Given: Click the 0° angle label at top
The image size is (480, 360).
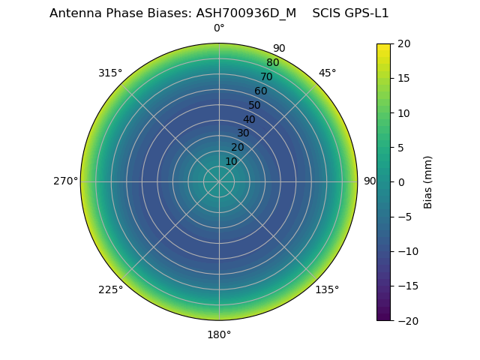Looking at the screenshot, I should [219, 28].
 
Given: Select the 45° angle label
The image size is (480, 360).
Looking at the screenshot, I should [327, 73].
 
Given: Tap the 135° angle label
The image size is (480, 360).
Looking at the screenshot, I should [327, 289].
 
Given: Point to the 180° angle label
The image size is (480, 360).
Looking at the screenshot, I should [219, 334].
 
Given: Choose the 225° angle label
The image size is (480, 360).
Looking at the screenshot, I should [110, 289].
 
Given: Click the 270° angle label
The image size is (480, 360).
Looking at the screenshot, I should [65, 181].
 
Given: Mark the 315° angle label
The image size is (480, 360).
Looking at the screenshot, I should [110, 73].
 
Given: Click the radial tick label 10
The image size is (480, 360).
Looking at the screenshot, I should [231, 161].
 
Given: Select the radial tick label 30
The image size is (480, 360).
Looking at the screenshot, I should [243, 133].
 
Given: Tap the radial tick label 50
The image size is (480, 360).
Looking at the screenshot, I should [255, 105].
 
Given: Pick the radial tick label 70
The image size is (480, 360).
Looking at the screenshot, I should [267, 76].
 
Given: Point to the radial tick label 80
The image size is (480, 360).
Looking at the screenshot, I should [273, 62].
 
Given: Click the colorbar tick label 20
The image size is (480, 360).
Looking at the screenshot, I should [403, 43].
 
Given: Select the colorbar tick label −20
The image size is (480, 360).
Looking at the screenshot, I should [406, 320].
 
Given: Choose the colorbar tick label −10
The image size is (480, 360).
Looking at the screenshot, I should [406, 251].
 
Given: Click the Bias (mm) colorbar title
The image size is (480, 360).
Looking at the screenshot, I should [428, 181].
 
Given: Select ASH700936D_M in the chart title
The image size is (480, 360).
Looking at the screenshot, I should [254, 13].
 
